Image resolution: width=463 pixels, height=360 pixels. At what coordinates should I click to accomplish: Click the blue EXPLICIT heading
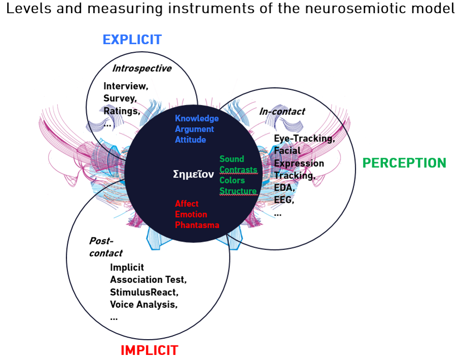coord(132,40)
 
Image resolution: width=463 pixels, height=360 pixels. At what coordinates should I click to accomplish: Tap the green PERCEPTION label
coord(404,163)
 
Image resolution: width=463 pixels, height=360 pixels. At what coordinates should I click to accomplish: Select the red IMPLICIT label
coord(149,350)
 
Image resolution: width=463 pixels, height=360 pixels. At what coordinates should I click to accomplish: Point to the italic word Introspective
coord(141,68)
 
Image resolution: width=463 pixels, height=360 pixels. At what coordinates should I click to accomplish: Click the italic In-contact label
coord(282,112)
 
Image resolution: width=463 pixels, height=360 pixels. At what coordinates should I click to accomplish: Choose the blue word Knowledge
coord(197,118)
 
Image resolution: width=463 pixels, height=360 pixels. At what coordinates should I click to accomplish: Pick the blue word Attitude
coord(190,139)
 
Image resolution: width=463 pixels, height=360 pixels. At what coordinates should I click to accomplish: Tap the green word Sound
coord(231,159)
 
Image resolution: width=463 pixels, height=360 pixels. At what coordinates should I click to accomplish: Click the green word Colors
coord(232,181)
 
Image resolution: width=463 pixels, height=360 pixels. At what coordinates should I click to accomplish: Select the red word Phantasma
coord(197,225)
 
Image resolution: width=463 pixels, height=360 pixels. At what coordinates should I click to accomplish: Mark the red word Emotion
coord(191,214)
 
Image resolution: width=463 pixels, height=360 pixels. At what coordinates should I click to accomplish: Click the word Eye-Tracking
coord(304,138)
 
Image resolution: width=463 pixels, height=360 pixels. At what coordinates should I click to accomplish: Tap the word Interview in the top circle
coord(126,86)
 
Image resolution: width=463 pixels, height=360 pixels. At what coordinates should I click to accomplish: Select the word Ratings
coord(122,111)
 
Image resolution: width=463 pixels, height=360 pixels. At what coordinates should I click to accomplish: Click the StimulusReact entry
coord(144,292)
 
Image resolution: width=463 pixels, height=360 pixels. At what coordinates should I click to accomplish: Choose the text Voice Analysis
coord(143,304)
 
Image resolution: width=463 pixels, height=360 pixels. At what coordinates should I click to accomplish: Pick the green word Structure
coord(238,191)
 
